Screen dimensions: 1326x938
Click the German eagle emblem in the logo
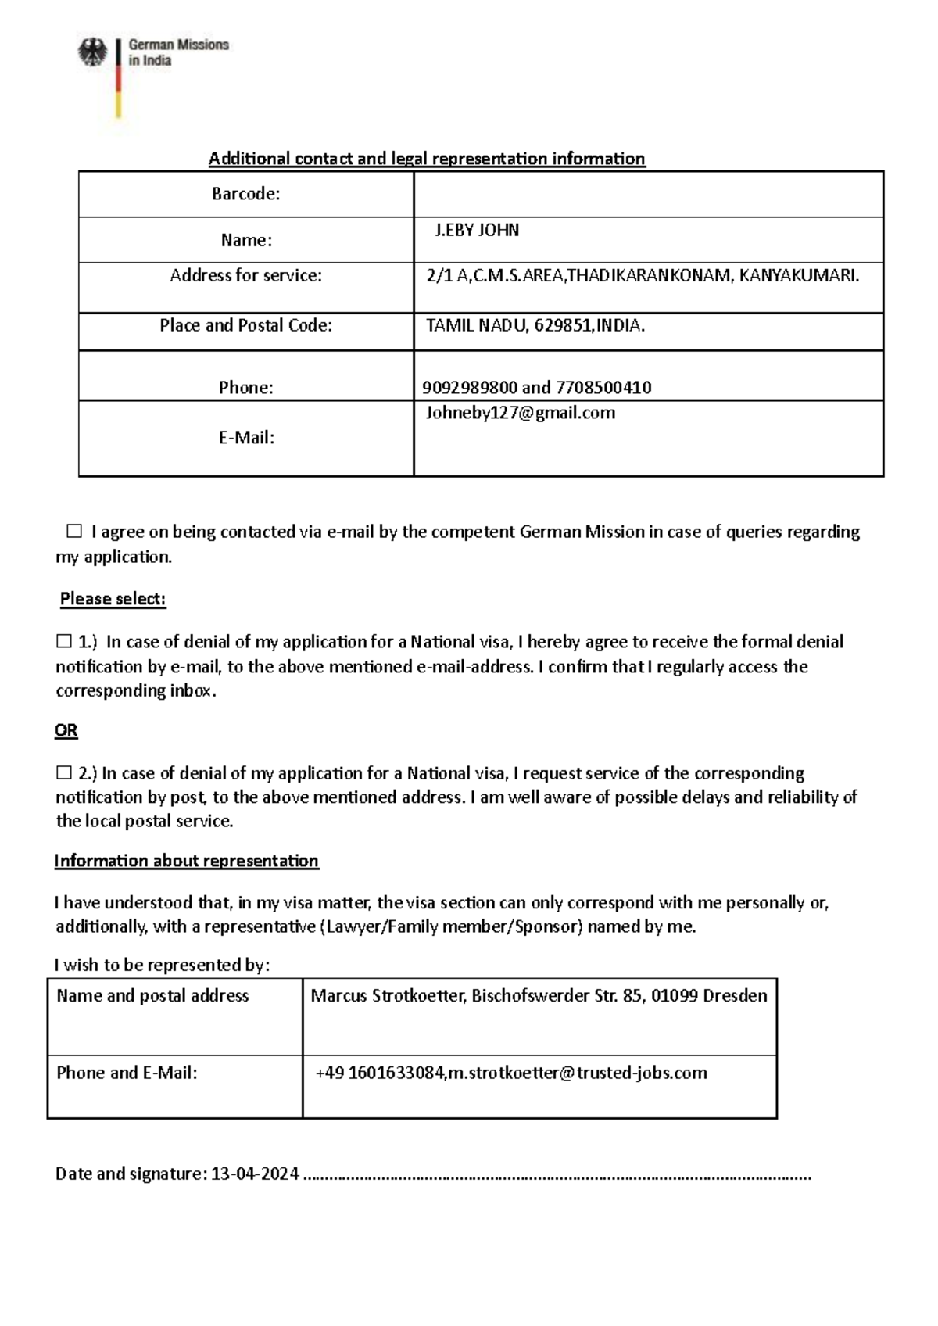pos(92,53)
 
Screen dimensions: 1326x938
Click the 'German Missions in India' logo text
pos(178,52)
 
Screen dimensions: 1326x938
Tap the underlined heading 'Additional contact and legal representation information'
pos(427,159)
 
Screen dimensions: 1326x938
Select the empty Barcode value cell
pos(648,194)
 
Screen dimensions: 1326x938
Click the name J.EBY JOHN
pos(477,230)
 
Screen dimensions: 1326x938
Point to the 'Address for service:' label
pos(245,275)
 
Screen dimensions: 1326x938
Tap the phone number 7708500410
pos(603,388)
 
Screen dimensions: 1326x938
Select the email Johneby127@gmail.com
pos(520,413)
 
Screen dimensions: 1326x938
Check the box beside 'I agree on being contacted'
pos(74,532)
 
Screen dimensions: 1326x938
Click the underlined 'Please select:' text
pos(113,599)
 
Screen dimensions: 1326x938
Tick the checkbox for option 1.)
pos(63,642)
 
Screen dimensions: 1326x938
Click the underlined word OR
pos(66,730)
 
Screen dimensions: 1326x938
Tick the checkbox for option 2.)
pos(63,773)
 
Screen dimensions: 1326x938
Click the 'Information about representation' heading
pos(186,861)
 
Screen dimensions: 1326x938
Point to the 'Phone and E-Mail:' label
pos(127,1073)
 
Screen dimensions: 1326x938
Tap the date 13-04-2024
pos(255,1174)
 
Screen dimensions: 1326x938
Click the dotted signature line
pos(557,1175)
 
